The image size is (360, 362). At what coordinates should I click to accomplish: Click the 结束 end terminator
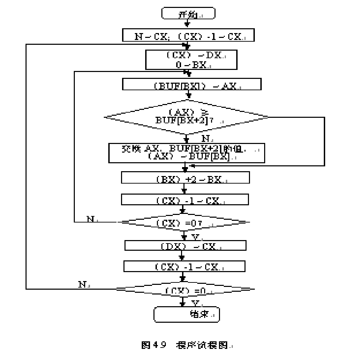[186, 314]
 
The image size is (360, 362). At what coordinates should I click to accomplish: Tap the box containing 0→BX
[191, 60]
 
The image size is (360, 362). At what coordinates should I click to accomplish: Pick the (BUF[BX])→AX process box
[192, 85]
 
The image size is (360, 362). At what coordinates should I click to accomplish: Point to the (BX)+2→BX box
[186, 177]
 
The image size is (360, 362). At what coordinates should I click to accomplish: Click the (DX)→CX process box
[185, 245]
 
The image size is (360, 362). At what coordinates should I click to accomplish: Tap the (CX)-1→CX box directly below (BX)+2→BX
[185, 200]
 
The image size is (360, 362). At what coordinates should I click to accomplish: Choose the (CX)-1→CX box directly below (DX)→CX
[184, 267]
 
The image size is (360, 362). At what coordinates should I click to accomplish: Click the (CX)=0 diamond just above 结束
[185, 289]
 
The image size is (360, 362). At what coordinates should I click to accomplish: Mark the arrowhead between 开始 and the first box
[187, 25]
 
